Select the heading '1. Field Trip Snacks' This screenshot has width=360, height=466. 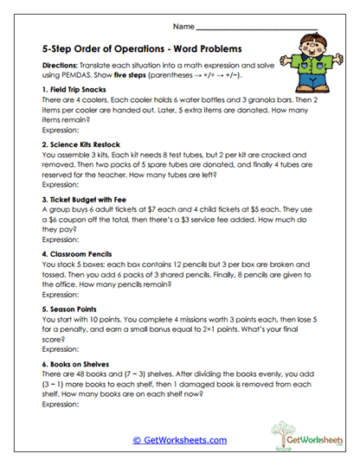tap(74, 90)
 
